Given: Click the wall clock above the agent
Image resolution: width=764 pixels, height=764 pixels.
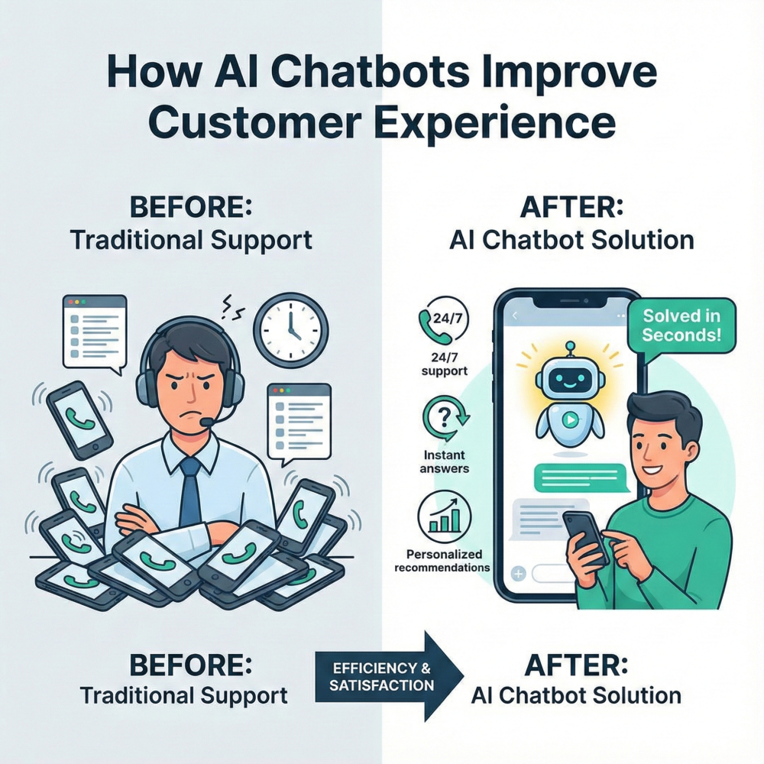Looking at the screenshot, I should coord(290,329).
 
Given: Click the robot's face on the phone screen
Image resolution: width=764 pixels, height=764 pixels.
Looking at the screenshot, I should coord(568,377).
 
